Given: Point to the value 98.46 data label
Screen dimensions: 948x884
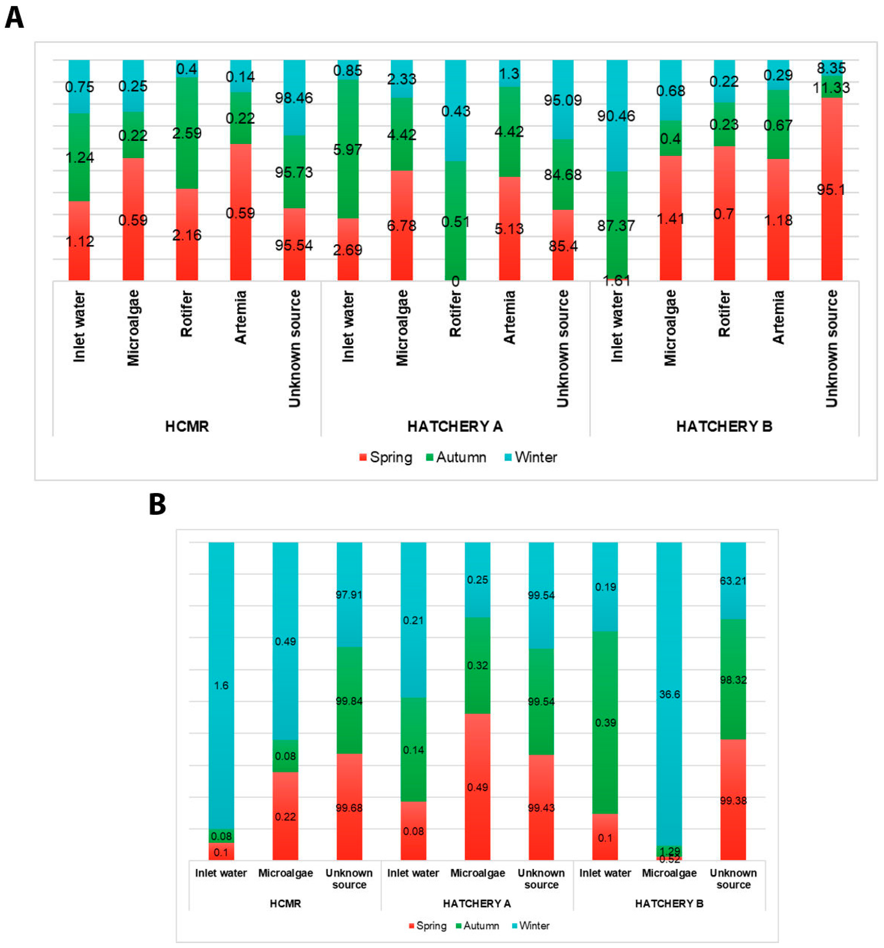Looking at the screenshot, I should click(294, 98).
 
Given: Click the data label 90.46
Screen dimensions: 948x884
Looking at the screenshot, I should click(616, 116).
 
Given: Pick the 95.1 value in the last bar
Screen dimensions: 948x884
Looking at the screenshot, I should click(831, 190).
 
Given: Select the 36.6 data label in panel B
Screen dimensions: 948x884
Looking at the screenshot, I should click(669, 694).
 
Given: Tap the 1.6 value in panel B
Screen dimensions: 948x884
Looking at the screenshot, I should click(221, 685).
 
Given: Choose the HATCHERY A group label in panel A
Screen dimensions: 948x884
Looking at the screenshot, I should click(455, 426).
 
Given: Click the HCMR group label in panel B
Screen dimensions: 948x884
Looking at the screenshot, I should click(285, 904).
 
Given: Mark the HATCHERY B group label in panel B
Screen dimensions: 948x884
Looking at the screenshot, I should click(669, 904).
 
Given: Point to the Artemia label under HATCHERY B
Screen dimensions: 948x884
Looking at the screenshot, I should click(778, 317).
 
